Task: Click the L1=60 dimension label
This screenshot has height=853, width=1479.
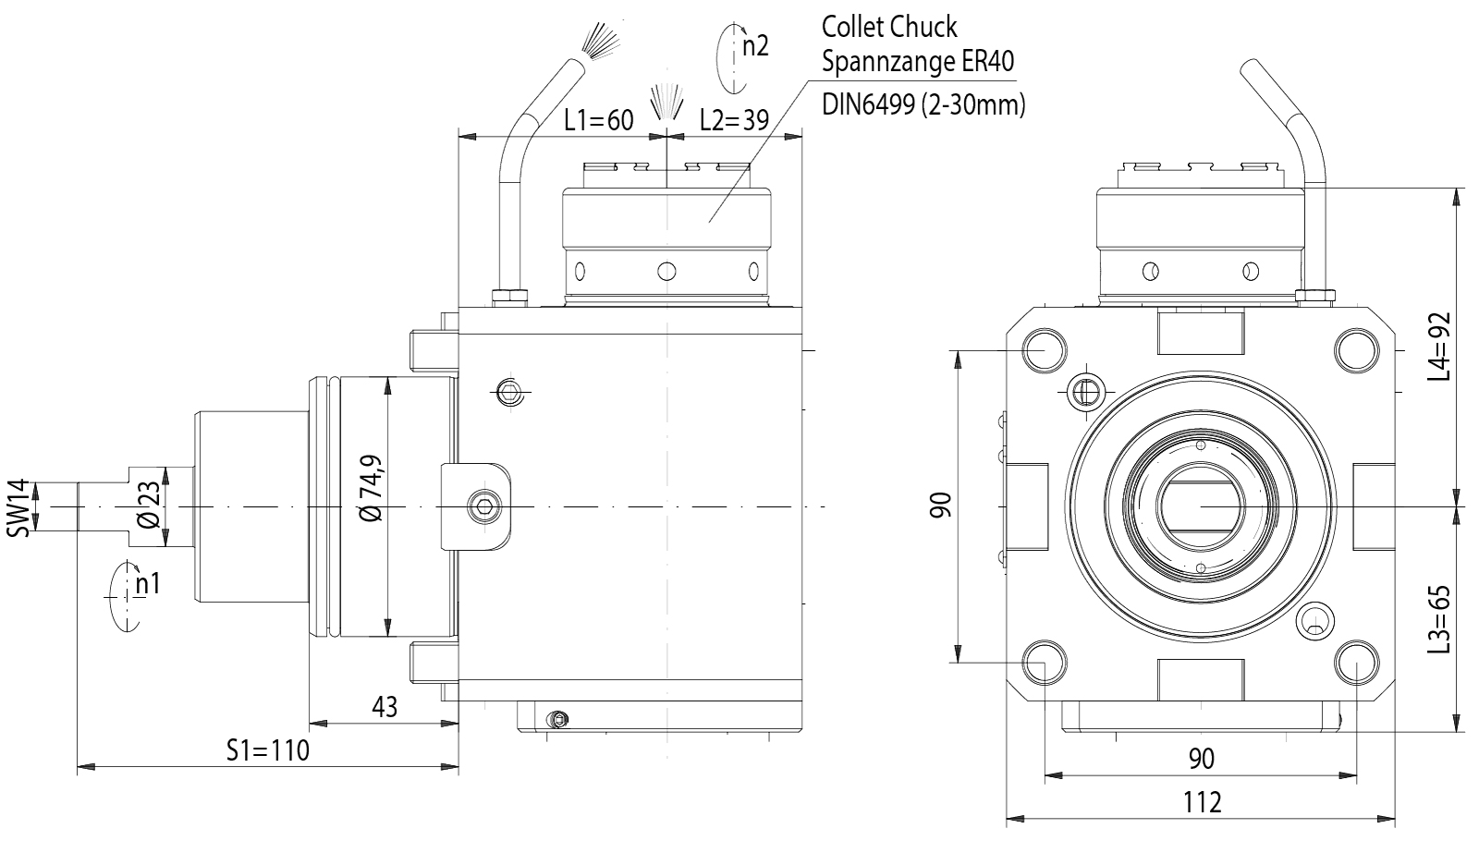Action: coord(599,120)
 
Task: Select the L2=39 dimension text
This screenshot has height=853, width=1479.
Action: coord(734,120)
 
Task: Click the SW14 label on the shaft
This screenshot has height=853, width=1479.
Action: coord(20,506)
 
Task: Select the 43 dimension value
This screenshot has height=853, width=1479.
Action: coord(385,707)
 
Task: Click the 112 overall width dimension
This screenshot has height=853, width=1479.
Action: coord(1202,802)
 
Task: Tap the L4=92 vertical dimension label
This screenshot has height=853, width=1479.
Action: coord(1439,347)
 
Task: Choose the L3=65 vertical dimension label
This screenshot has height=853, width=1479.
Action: coord(1439,619)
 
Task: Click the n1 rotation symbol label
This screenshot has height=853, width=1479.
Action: coord(147,584)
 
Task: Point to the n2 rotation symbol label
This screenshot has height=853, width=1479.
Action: coord(754,44)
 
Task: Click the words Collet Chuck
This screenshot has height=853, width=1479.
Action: coord(889,28)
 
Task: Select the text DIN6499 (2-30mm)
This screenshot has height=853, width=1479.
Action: coord(923,104)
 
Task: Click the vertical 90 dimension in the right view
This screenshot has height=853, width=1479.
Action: coord(940,506)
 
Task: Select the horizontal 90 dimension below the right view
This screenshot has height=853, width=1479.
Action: coord(1201,759)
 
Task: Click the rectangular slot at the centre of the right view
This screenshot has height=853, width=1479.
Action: coord(1200,506)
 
